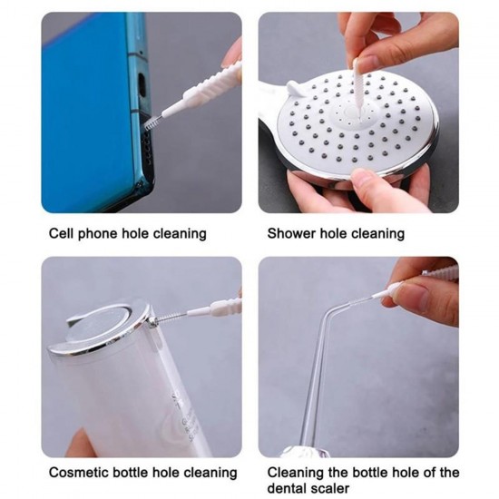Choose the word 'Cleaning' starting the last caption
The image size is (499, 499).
pyautogui.click(x=298, y=473)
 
